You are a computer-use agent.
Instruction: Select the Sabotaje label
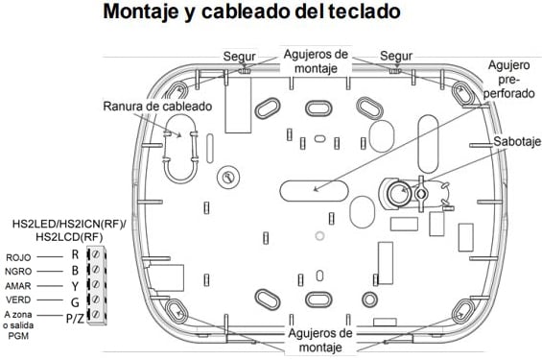coord(516,140)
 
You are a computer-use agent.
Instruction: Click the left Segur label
coord(240,55)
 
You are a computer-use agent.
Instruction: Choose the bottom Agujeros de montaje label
coord(318,339)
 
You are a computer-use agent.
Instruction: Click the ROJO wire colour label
coord(18,257)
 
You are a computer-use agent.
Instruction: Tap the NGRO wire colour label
coord(19,272)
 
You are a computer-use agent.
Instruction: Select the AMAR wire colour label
coord(19,286)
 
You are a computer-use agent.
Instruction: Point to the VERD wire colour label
coord(19,300)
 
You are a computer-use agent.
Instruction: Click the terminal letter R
coord(74,256)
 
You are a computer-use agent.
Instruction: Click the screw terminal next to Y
coord(96,285)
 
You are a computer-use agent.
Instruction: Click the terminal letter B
coord(74,271)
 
